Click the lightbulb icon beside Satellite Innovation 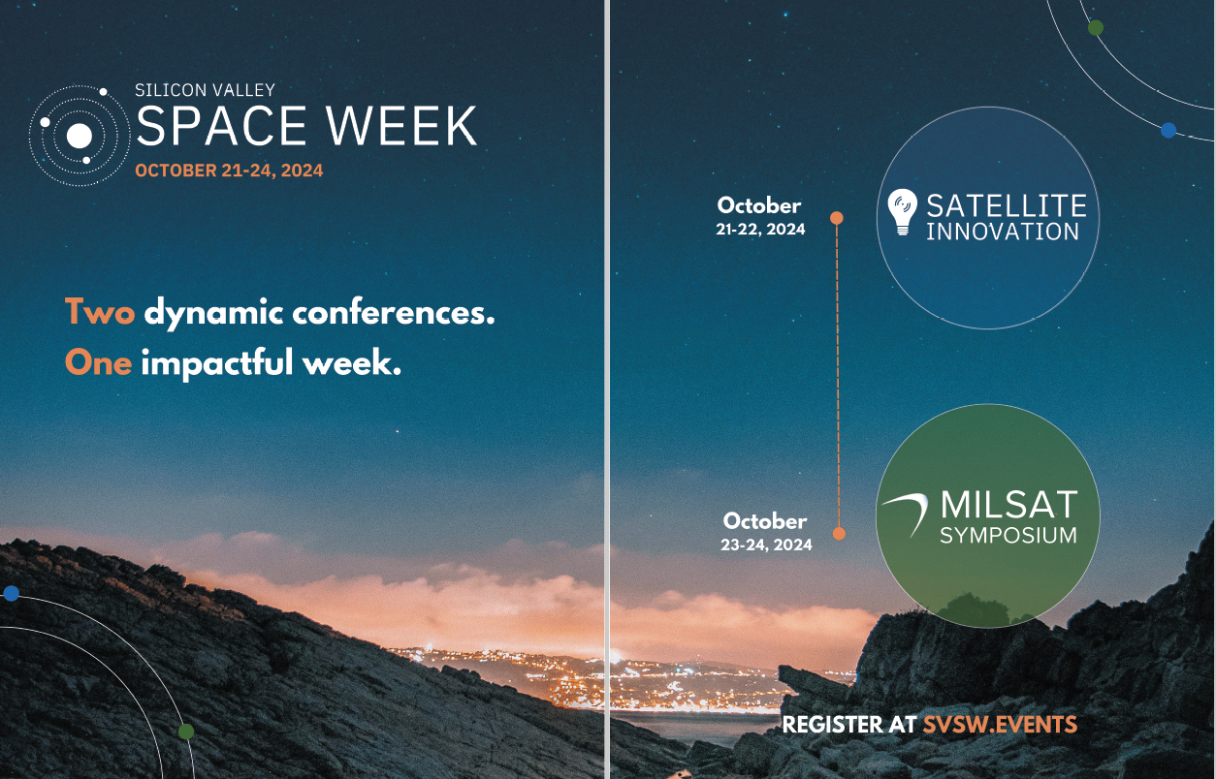pyautogui.click(x=902, y=211)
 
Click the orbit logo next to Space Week pyautogui.click(x=80, y=136)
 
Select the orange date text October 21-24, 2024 pyautogui.click(x=229, y=171)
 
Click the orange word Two pyautogui.click(x=99, y=312)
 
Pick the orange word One pyautogui.click(x=98, y=361)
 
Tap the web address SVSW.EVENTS pyautogui.click(x=1000, y=724)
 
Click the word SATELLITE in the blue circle pyautogui.click(x=1006, y=205)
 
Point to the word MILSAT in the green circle pyautogui.click(x=1008, y=505)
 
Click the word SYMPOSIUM pyautogui.click(x=1008, y=536)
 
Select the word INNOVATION pyautogui.click(x=1002, y=232)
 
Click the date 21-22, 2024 pyautogui.click(x=760, y=230)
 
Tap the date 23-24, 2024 pyautogui.click(x=766, y=545)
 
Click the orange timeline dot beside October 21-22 pyautogui.click(x=837, y=218)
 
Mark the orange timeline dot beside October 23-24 pyautogui.click(x=839, y=533)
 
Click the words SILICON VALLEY pyautogui.click(x=205, y=89)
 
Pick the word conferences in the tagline pyautogui.click(x=393, y=313)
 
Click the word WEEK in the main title pyautogui.click(x=400, y=126)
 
